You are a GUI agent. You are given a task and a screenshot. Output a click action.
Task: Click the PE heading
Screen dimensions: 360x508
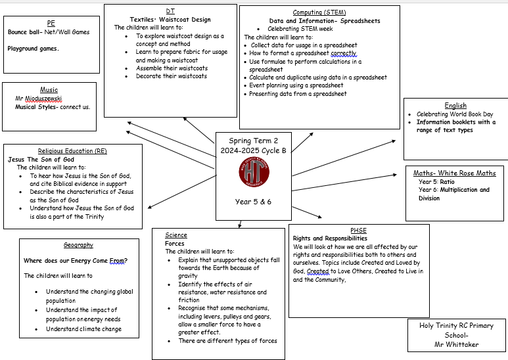[51, 23]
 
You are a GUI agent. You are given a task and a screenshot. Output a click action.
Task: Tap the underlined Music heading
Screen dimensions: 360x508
[49, 90]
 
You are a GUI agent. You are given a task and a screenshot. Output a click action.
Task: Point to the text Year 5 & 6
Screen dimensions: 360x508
[253, 202]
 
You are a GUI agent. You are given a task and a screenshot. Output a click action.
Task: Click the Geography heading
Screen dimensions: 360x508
[78, 245]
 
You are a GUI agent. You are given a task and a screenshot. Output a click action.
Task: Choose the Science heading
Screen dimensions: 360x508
[176, 235]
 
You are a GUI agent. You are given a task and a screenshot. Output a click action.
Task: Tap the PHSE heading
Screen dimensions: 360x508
[358, 231]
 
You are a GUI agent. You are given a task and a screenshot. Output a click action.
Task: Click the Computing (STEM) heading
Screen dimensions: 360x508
[319, 12]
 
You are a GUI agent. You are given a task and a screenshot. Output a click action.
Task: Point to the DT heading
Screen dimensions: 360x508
[170, 11]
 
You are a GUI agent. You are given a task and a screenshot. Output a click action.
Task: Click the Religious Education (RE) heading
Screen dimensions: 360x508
[72, 151]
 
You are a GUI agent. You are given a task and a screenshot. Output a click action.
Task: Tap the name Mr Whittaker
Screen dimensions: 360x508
[457, 344]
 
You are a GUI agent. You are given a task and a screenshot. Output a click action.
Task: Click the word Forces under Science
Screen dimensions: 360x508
[175, 243]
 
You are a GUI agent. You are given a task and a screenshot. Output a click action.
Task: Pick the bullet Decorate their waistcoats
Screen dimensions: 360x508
[171, 76]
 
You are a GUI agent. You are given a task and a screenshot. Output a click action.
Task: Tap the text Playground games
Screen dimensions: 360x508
[33, 49]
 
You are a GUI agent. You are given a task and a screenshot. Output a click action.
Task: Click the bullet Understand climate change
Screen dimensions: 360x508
[83, 329]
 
